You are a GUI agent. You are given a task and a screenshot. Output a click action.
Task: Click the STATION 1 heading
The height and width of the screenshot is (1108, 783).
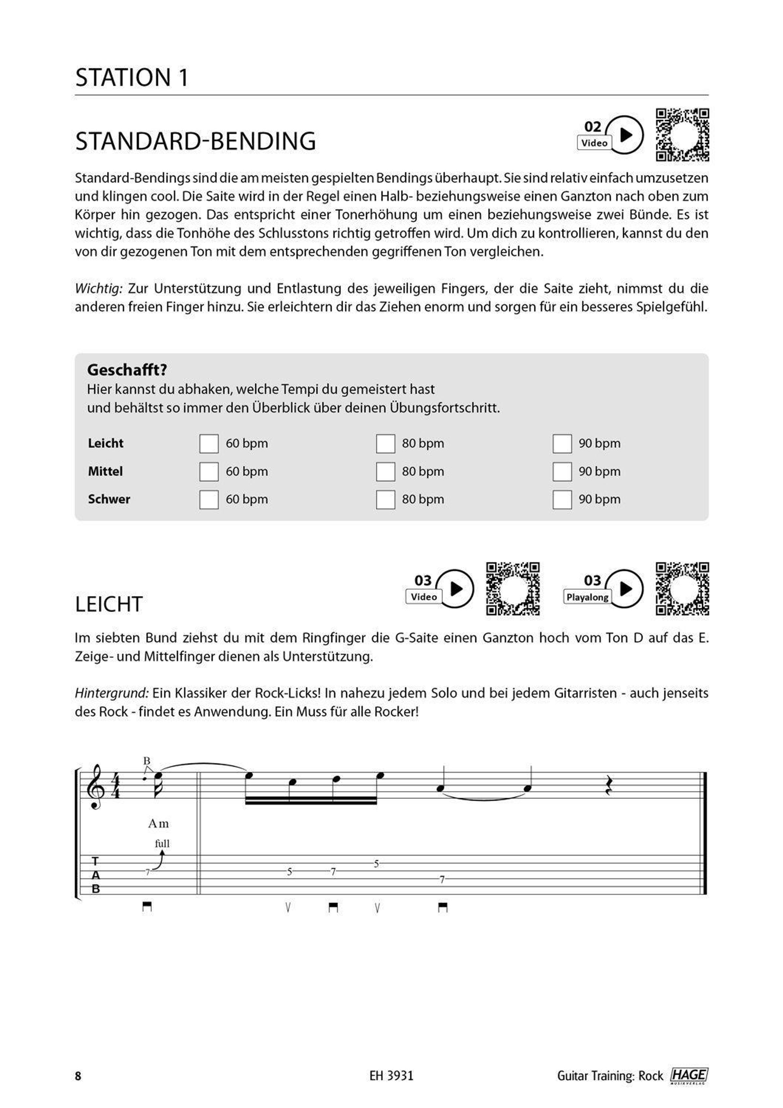coord(132,78)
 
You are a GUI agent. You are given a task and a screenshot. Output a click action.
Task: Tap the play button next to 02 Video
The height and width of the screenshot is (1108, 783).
coord(625,135)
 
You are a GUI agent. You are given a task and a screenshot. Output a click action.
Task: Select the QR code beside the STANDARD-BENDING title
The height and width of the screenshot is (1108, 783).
coord(682,135)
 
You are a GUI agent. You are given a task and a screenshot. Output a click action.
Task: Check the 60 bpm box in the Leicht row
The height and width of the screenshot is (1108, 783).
coord(209,443)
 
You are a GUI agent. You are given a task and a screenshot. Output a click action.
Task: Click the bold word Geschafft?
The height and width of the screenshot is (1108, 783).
coord(127,370)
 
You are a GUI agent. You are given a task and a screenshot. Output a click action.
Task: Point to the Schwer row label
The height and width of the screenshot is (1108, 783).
coord(109,499)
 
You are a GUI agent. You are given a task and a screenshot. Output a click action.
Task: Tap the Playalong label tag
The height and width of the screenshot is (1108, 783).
coord(587,597)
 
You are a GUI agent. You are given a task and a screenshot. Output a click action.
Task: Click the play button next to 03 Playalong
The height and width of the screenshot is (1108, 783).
coord(625,588)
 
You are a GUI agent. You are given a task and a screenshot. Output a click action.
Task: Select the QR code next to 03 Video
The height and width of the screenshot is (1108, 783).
coord(512,588)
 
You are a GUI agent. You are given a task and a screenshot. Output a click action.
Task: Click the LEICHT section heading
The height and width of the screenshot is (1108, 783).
coord(109,604)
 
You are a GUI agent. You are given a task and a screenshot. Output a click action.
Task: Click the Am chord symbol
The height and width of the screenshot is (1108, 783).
coord(158,824)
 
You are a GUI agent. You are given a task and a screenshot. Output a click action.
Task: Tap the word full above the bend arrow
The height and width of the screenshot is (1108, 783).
coord(162,843)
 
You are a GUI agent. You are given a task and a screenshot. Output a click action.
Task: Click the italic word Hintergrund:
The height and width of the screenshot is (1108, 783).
coord(112,693)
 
